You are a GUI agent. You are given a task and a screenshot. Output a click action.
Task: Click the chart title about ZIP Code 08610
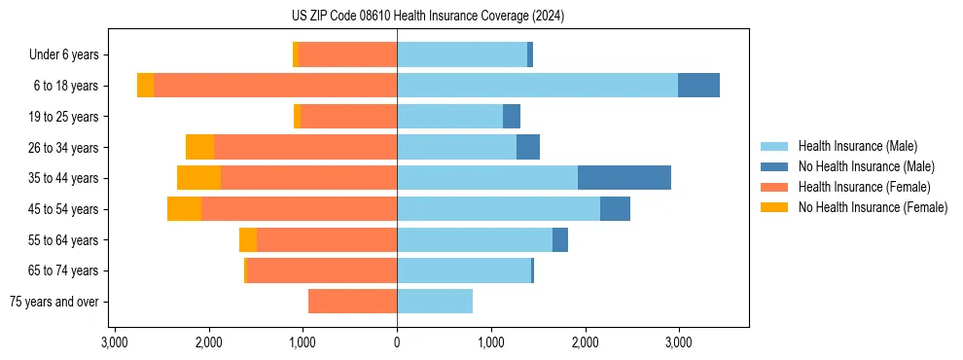427,17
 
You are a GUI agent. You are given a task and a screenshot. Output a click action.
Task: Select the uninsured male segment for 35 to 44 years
624,178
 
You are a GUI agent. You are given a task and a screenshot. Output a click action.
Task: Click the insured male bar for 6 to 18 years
537,86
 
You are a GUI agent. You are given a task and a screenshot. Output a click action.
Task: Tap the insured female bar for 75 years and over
352,302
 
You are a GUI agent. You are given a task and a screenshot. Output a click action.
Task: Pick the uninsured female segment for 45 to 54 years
184,209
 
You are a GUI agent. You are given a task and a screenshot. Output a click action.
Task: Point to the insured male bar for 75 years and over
435,302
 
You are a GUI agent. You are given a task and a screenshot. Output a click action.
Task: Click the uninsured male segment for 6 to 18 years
698,86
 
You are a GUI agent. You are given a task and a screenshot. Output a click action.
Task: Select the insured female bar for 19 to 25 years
349,117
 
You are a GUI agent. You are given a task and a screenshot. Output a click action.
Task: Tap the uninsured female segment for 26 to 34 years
199,147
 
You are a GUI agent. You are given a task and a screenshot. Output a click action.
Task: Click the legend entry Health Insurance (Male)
857,146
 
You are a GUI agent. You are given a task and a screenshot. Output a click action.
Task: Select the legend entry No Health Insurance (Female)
873,207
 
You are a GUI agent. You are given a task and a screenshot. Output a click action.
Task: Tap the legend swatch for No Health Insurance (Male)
775,166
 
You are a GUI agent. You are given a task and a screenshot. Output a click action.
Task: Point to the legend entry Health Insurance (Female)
865,187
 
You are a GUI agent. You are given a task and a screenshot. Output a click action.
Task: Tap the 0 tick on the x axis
397,343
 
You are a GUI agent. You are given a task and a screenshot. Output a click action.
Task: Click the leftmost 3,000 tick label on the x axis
115,343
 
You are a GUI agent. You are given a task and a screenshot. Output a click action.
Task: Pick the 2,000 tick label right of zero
585,343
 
